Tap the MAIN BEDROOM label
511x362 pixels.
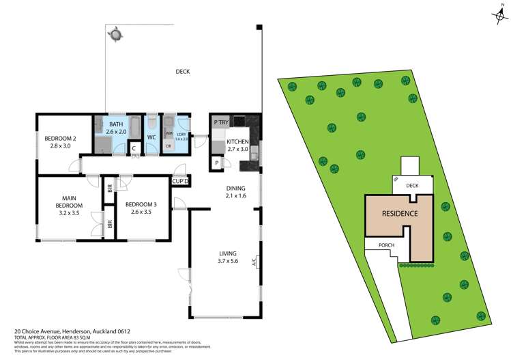click(x=69, y=206)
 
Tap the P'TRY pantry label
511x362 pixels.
click(x=220, y=122)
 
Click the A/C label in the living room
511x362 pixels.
click(x=254, y=261)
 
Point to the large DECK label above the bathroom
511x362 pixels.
click(x=183, y=72)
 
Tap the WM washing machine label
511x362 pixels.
click(x=169, y=134)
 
